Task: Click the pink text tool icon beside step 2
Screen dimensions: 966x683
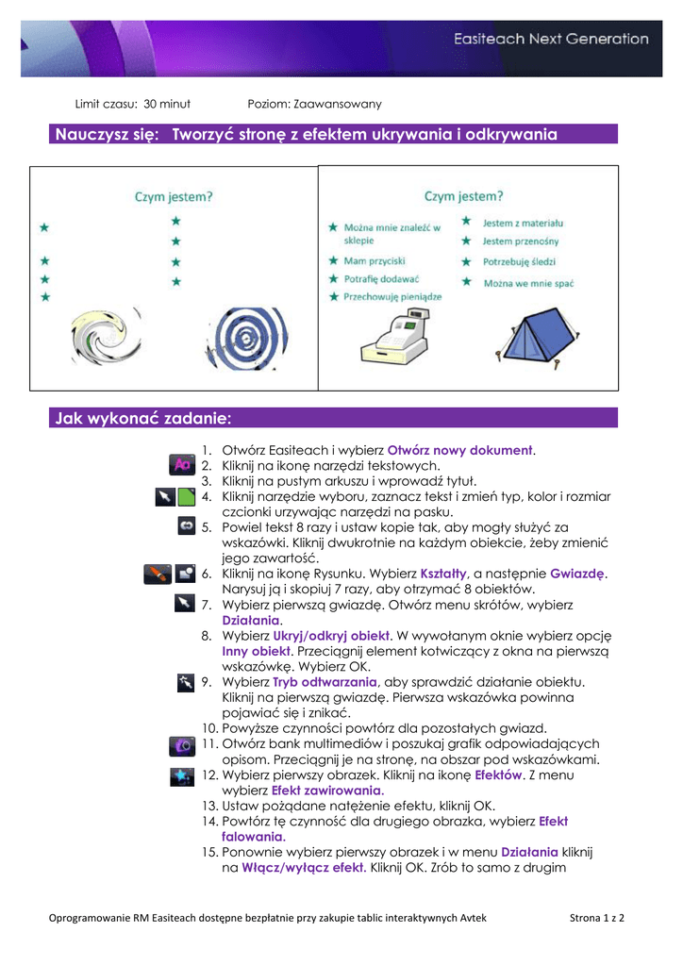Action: pos(181,465)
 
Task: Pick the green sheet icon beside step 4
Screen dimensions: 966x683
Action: pos(186,496)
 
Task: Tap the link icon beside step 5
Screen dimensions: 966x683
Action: pos(186,526)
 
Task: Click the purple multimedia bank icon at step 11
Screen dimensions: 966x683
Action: pos(181,745)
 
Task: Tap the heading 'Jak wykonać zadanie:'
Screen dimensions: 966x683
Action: pos(143,418)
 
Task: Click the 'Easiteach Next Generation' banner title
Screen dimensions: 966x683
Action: pos(551,40)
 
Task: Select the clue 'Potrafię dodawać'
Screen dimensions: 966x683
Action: pos(381,279)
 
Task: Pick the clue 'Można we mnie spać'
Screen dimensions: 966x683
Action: pos(529,282)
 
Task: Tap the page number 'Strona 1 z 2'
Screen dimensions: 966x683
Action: pos(597,917)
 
